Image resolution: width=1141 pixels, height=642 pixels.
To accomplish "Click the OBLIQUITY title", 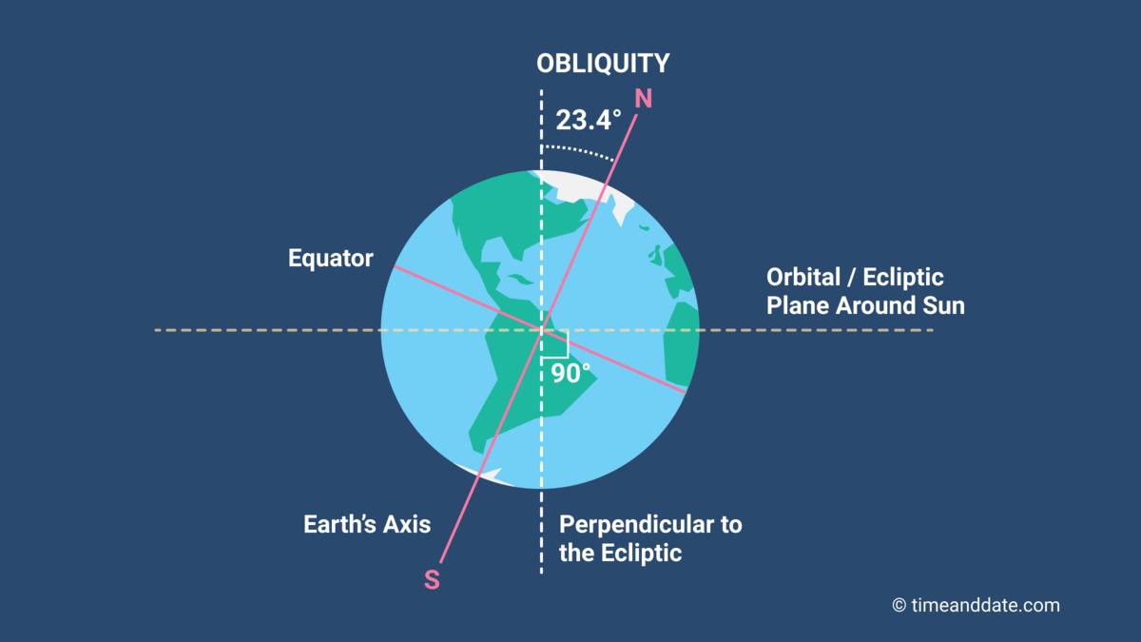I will pos(603,64).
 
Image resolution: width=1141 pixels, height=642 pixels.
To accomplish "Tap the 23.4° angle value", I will pos(589,121).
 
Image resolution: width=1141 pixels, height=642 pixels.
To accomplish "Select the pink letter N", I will pos(643,99).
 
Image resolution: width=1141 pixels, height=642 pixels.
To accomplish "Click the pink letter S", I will pos(432,579).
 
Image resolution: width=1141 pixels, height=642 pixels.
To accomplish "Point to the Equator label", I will pos(331,259).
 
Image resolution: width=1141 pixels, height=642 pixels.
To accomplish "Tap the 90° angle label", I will pos(570,374).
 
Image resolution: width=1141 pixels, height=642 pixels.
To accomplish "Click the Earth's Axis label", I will pos(367,524).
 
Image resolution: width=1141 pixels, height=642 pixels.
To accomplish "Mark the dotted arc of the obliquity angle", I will pos(580,150).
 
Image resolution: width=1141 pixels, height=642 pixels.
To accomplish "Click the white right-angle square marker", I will pos(557,342).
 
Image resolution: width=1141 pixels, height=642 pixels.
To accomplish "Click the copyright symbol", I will pos(899,605).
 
